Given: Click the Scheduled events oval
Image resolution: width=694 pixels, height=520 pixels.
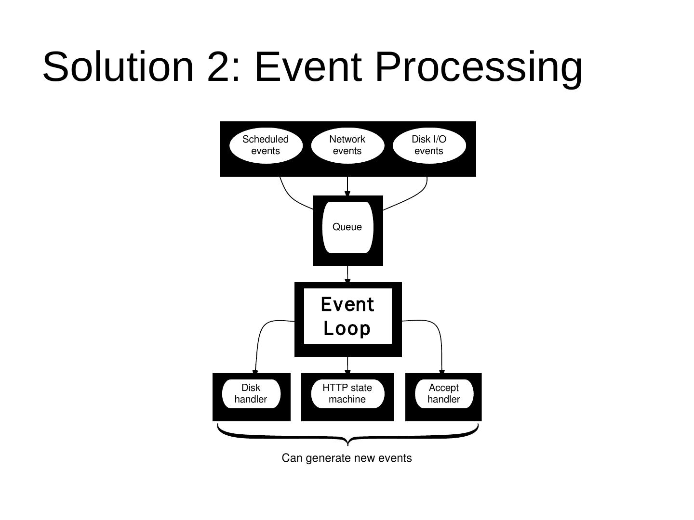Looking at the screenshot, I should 266,145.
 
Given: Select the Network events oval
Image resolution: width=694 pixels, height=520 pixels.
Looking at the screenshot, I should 347,145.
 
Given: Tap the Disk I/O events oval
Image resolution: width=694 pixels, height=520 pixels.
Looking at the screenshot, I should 429,145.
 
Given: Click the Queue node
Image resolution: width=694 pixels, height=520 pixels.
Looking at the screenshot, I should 347,227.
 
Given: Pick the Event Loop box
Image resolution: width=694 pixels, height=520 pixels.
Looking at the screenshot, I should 347,316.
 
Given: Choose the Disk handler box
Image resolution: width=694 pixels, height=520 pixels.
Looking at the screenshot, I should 251,393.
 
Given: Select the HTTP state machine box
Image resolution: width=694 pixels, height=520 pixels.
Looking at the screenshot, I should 347,393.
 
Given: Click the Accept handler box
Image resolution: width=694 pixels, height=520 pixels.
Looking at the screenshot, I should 444,393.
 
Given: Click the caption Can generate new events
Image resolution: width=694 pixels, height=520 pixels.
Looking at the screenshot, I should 347,458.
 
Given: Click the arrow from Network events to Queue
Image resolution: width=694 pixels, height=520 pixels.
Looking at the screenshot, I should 347,186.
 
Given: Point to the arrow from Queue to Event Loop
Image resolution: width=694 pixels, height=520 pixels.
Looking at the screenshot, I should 347,274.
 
